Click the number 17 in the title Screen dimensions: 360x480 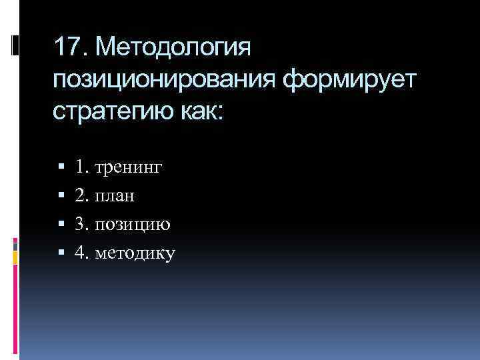(67, 47)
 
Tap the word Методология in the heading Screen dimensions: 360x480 (174, 49)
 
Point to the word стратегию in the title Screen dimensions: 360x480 (110, 111)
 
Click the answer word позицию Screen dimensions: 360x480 (133, 225)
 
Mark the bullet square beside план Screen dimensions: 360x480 (61, 196)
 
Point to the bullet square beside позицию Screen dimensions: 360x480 (61, 224)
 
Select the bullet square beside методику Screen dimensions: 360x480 (61, 252)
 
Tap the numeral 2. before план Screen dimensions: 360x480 (82, 195)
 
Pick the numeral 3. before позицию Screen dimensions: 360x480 (82, 223)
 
